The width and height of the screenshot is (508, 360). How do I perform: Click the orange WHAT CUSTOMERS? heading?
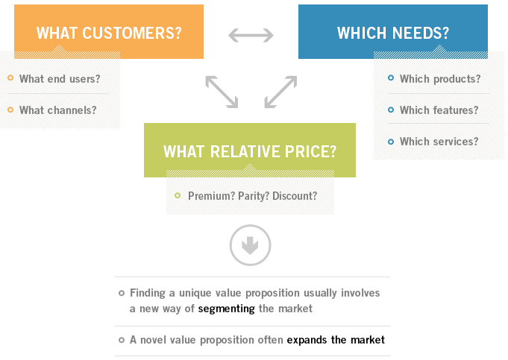click(x=109, y=33)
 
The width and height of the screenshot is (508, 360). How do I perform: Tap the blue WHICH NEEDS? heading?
click(x=393, y=33)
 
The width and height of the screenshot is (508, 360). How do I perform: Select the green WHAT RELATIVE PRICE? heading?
click(x=250, y=151)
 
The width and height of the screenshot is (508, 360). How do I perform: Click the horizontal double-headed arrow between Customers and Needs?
click(x=251, y=35)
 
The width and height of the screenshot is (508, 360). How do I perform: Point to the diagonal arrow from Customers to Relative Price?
click(x=222, y=92)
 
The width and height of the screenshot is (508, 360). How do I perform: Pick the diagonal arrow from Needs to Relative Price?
click(x=280, y=92)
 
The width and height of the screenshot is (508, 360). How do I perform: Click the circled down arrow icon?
click(x=250, y=245)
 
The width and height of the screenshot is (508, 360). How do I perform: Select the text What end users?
click(x=60, y=79)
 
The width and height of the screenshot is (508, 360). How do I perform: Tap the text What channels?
click(x=57, y=110)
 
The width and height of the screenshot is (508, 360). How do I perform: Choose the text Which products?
click(x=440, y=79)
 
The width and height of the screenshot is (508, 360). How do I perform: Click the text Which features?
click(x=439, y=110)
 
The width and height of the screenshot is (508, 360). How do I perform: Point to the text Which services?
click(x=439, y=142)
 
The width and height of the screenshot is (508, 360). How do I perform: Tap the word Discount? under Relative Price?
click(x=295, y=196)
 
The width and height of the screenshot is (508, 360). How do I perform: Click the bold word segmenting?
click(x=227, y=309)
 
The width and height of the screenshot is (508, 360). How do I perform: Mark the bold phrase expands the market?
click(x=336, y=340)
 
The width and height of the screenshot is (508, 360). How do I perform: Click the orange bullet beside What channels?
click(x=10, y=110)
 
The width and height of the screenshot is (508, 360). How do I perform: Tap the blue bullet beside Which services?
click(x=391, y=142)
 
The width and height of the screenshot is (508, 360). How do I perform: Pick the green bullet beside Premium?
click(x=178, y=195)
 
